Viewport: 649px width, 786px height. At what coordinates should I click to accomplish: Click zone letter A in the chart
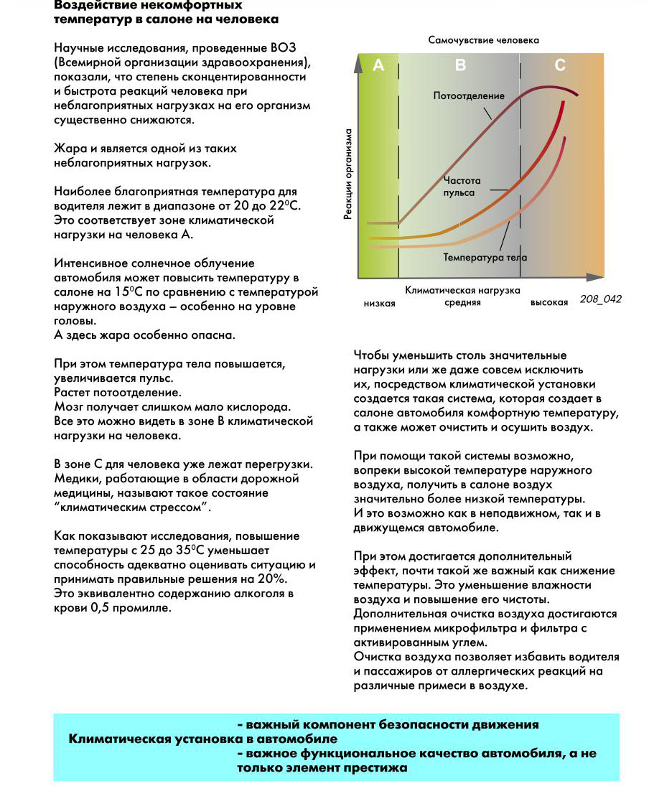(379, 66)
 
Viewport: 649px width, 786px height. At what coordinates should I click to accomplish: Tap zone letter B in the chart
(461, 66)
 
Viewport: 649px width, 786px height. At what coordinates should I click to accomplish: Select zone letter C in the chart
(560, 66)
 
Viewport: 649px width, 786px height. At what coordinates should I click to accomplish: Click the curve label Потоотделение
(469, 95)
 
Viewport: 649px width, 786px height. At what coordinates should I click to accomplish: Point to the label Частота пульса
(462, 187)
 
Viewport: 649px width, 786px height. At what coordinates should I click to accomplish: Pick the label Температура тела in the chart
(485, 257)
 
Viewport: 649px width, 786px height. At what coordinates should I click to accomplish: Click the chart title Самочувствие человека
(483, 40)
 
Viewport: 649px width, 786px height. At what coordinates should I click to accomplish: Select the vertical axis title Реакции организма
(348, 174)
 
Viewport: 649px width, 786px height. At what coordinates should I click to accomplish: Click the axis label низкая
(380, 303)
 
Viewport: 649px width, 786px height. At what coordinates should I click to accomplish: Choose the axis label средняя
(462, 303)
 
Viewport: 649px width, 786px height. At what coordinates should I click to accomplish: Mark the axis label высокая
(550, 303)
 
